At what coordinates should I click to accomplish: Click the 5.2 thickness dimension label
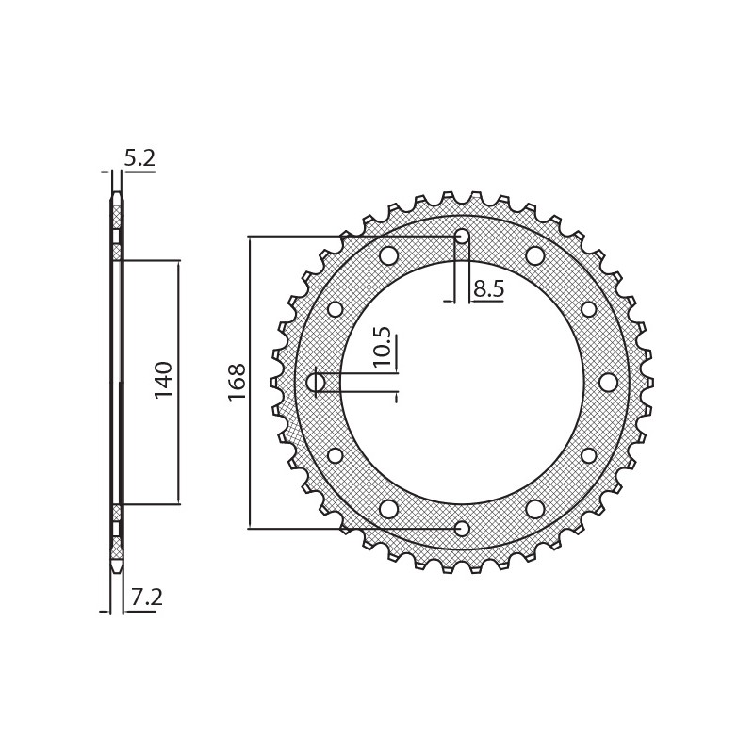139,158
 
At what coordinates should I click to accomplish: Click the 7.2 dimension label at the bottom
145,598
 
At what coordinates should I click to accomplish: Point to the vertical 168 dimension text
237,382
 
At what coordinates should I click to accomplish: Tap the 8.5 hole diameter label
488,288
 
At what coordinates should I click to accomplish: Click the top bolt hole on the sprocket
462,236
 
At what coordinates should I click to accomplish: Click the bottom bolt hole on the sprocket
462,529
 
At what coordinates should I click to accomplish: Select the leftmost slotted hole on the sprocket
316,382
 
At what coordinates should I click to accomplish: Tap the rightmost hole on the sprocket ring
608,382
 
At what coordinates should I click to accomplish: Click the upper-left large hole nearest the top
388,255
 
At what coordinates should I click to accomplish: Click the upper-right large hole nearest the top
535,255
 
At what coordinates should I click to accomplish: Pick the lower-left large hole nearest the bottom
388,509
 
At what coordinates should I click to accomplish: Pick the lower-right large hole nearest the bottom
535,509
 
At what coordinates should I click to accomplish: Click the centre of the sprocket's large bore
462,382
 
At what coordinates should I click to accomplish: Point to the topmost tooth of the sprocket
462,197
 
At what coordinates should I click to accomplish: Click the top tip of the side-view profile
117,195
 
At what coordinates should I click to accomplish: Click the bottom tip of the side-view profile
117,569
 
